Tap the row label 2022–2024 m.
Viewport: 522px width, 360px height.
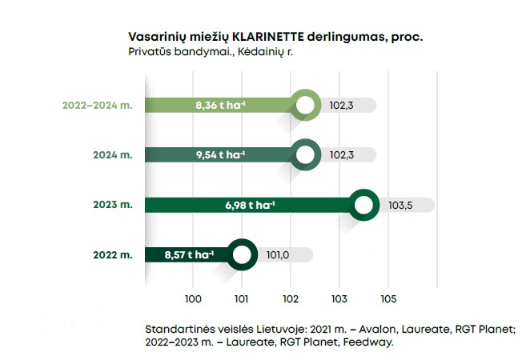coord(97,105)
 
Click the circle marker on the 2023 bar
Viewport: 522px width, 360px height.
coord(363,205)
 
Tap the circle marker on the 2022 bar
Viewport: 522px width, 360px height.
coord(242,255)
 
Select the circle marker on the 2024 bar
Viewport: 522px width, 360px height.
coord(305,154)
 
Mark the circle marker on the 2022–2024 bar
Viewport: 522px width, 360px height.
coord(305,105)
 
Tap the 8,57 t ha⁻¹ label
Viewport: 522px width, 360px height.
coord(189,255)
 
